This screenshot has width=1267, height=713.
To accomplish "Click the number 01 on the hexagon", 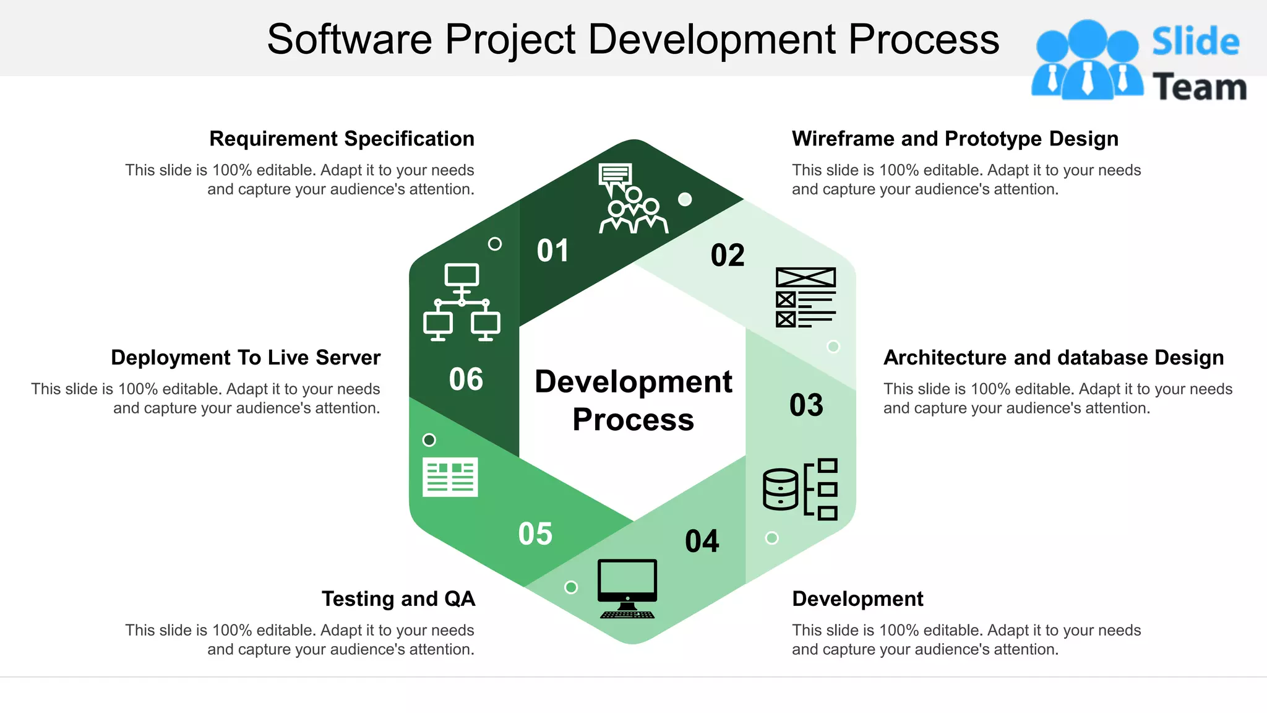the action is pos(552,251).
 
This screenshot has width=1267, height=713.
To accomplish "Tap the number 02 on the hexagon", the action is pos(728,255).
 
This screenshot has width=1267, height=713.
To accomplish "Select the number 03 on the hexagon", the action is pos(806,405).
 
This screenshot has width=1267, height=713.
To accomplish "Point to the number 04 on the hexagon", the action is pos(702,541).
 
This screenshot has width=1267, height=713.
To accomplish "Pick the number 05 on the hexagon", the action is pos(535,534).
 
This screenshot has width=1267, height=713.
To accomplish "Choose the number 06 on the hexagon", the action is pos(466,379).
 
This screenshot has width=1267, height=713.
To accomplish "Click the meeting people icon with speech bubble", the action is pos(632,199).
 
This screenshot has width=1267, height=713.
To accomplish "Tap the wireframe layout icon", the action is pos(805,297).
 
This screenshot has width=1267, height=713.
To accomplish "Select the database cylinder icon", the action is pos(781,489).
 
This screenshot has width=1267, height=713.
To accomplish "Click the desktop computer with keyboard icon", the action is pos(627,589).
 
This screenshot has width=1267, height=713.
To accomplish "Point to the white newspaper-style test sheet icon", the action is pos(450,477).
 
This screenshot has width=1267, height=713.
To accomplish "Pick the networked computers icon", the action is pos(462,303).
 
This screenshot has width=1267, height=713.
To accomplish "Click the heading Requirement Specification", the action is pos(341,139).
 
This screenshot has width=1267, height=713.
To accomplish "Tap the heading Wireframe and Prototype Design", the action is pos(955,139).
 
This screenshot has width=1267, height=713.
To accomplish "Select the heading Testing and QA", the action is pos(398,598).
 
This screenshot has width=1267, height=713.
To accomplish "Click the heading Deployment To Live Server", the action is pos(246,358).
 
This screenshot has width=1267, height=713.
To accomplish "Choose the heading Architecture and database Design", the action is pos(1053,358).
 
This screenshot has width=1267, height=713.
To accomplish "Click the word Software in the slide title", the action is pos(350,39).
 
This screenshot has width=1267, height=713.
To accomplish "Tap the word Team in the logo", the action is pos(1199,87).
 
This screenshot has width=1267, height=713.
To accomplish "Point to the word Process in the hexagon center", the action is pos(633,420).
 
